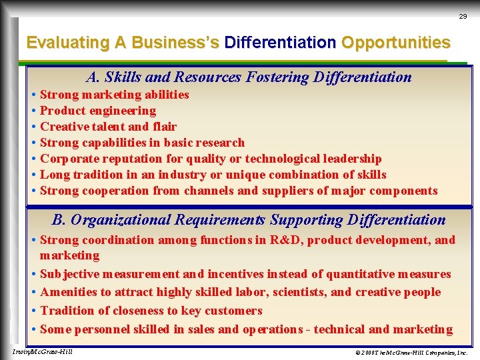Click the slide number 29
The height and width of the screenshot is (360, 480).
click(463, 16)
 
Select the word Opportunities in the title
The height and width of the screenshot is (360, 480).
click(396, 43)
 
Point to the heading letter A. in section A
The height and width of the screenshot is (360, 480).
click(93, 77)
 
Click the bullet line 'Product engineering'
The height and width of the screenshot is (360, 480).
click(98, 111)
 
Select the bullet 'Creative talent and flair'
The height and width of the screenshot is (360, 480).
click(108, 127)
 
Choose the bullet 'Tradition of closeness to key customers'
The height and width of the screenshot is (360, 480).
click(151, 311)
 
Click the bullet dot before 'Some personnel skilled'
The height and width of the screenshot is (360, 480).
click(33, 329)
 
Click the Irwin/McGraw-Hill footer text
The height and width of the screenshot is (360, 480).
click(43, 351)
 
